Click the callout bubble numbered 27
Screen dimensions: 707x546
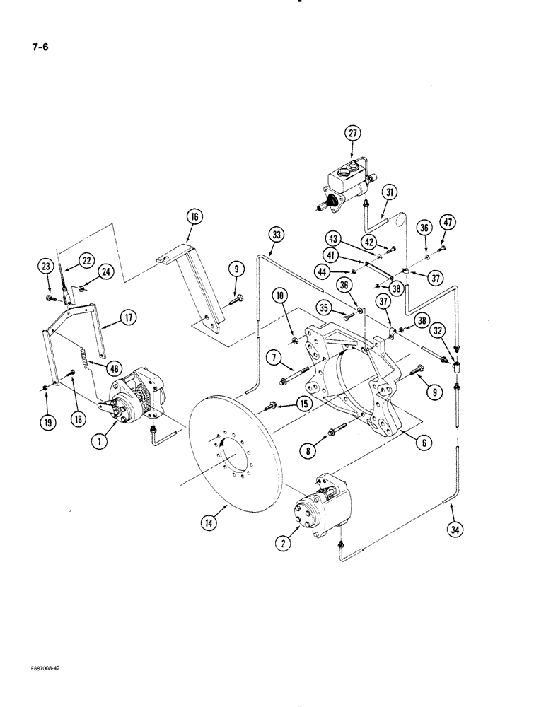[x=353, y=133]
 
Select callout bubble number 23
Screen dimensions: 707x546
[x=46, y=267]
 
